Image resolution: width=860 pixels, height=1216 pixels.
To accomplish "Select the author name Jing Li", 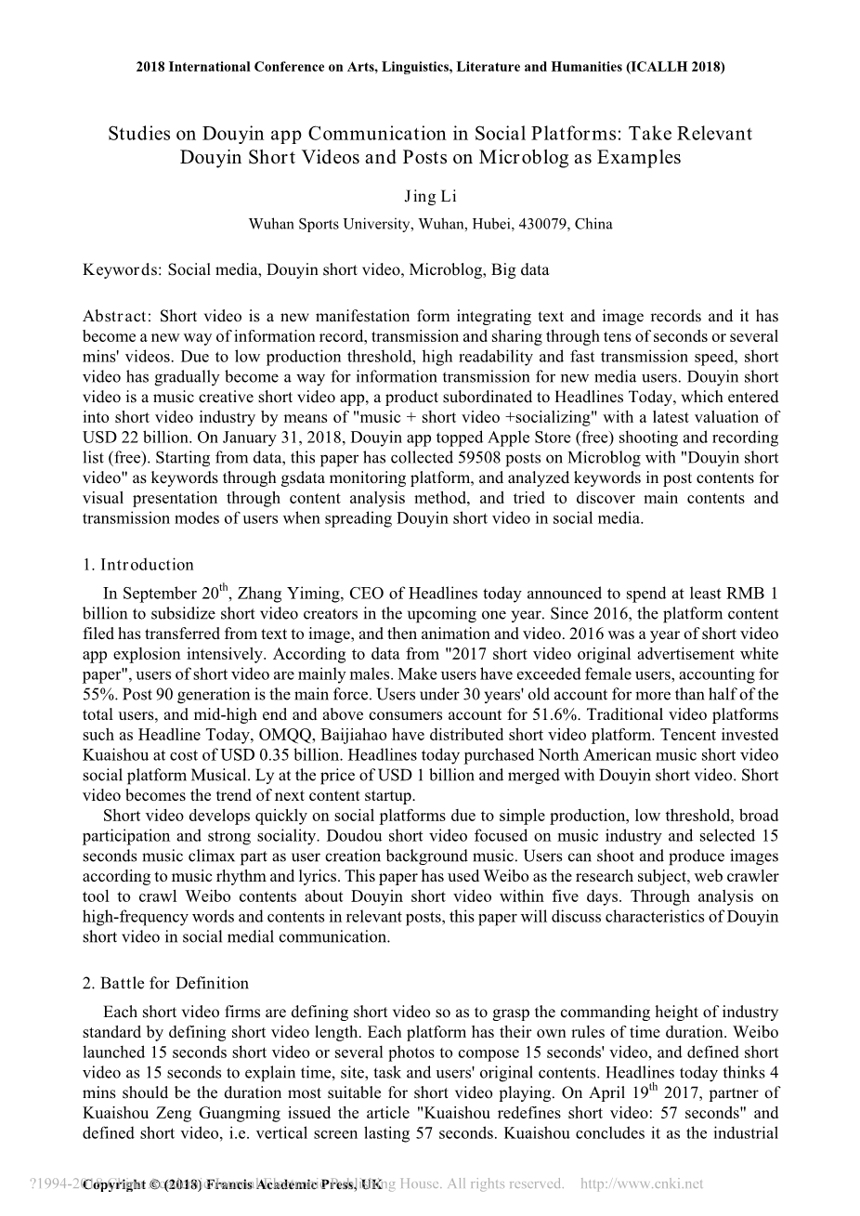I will (x=430, y=196).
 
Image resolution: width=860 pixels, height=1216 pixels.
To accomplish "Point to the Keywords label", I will (x=122, y=270).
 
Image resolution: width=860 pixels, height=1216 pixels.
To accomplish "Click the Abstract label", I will (x=115, y=316).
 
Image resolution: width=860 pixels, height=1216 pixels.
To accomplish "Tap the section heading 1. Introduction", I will (x=138, y=565).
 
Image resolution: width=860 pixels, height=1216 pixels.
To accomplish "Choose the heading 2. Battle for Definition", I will (x=165, y=983).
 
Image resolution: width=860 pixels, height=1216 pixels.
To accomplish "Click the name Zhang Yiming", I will (x=287, y=594).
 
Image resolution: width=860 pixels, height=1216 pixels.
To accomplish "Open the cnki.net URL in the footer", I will (x=641, y=1183).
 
